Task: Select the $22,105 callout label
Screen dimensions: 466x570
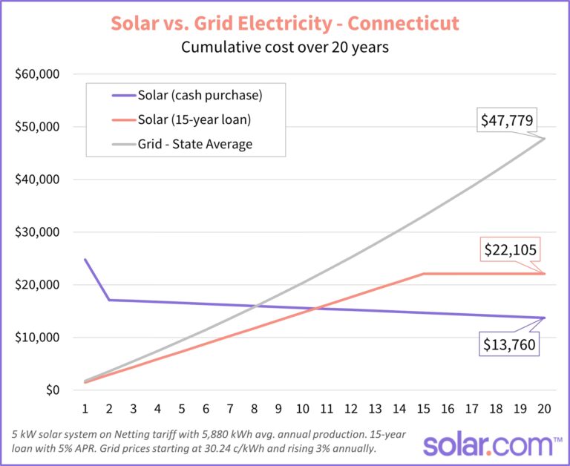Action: click(510, 250)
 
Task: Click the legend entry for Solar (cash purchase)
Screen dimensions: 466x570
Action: click(200, 95)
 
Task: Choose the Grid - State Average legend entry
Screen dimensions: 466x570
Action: click(194, 144)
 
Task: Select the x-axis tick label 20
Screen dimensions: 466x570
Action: click(545, 408)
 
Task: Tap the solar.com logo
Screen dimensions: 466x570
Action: click(491, 445)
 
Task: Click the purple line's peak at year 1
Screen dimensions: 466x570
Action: click(85, 259)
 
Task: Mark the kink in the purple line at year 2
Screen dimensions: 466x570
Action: click(110, 300)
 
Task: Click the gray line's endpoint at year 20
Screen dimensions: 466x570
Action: click(545, 139)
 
